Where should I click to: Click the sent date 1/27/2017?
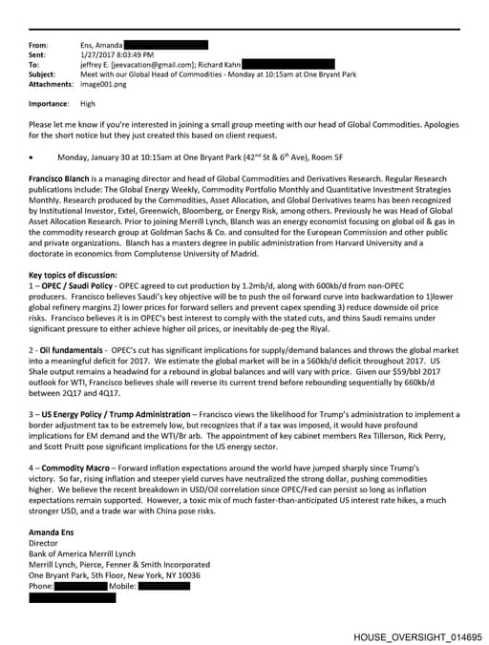(99, 54)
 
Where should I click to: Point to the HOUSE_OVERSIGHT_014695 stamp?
(417, 635)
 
